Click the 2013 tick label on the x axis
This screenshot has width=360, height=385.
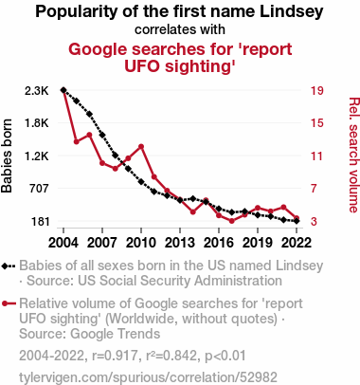click(180, 243)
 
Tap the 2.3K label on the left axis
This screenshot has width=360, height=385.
click(37, 91)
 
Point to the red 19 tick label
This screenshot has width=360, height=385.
click(316, 91)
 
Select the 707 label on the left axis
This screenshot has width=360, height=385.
click(39, 189)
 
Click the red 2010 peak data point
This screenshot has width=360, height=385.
click(141, 147)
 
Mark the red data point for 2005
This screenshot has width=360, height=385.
click(77, 141)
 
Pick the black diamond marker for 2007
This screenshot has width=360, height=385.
click(102, 135)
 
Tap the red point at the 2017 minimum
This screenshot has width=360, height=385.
click(232, 221)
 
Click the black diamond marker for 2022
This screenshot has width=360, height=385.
click(297, 221)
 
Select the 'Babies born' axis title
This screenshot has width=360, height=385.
click(7, 156)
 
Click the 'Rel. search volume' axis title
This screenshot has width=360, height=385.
click(353, 155)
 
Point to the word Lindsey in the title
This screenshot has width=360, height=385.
click(292, 11)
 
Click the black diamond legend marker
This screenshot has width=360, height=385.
click(5, 266)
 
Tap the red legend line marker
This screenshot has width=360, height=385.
click(9, 303)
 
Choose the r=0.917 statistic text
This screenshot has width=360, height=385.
click(115, 356)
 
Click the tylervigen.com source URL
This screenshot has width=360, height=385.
click(148, 377)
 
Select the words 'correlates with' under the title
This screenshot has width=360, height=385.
click(180, 29)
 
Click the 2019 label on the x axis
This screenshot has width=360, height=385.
click(258, 243)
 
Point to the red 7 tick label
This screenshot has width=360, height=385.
click(314, 189)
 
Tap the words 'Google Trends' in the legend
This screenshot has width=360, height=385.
click(116, 334)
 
